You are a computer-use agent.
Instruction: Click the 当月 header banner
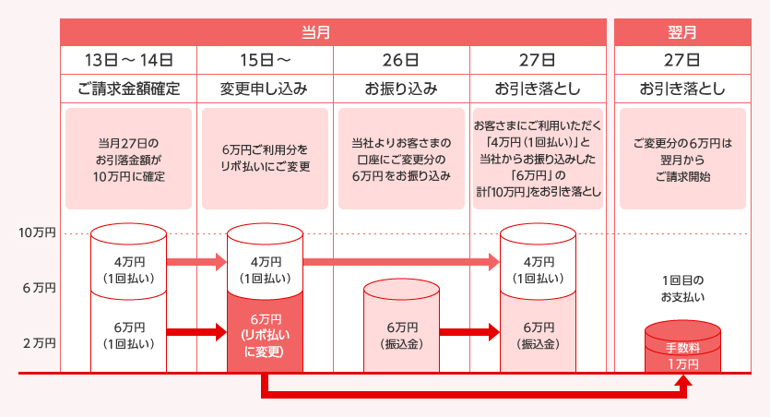click(333, 31)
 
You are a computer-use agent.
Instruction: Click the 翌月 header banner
click(682, 31)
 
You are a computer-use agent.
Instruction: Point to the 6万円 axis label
click(37, 288)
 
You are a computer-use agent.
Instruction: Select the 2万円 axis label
click(37, 343)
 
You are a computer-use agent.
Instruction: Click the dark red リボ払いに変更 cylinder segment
click(265, 334)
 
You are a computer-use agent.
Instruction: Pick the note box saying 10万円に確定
click(128, 158)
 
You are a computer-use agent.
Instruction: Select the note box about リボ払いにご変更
click(265, 158)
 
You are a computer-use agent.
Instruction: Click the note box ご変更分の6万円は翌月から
click(682, 158)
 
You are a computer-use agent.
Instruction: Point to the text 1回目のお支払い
click(682, 288)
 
